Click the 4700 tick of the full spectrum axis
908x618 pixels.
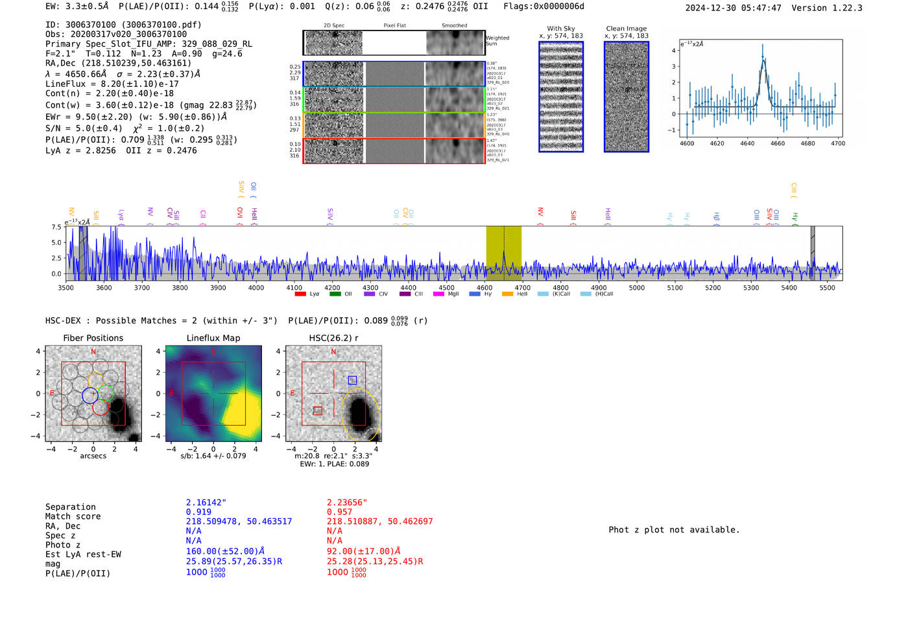coord(523,288)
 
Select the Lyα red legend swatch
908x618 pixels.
coord(300,294)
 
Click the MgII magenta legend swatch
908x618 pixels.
coord(438,294)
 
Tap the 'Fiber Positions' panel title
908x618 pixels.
coord(93,338)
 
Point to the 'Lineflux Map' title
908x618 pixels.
coord(213,338)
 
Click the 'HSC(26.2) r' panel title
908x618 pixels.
coord(333,338)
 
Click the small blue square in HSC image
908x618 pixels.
coord(352,380)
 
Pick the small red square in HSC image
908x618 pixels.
coord(318,410)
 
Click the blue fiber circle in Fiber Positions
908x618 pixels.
coord(90,396)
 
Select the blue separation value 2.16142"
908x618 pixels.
coord(206,503)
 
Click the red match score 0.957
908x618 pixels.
coord(339,512)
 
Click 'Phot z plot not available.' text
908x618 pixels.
coord(674,530)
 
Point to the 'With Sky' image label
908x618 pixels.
coord(561,29)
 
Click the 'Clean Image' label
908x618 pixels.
coord(627,29)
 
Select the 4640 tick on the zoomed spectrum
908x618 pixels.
coord(747,143)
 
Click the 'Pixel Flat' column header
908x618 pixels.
coord(394,25)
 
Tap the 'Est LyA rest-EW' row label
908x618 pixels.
coord(83,554)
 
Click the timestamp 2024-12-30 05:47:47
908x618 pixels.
coord(733,8)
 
